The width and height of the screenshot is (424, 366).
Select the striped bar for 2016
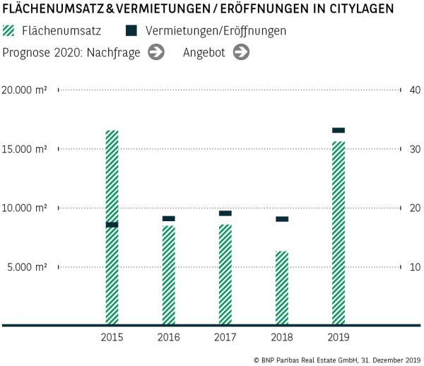(x=168, y=276)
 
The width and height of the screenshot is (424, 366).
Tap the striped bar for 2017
(x=225, y=275)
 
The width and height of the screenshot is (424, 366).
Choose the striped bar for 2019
(x=338, y=233)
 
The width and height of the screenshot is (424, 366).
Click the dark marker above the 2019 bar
(x=338, y=130)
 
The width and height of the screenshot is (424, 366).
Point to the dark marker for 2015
(x=112, y=225)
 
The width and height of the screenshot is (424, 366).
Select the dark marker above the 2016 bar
(x=168, y=218)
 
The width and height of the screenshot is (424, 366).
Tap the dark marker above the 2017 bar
(x=225, y=213)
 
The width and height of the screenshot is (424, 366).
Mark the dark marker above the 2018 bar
(x=281, y=219)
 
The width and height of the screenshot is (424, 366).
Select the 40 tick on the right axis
(x=415, y=90)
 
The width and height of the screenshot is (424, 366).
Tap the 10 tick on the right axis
(x=414, y=267)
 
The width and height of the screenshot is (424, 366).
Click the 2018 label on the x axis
(x=281, y=338)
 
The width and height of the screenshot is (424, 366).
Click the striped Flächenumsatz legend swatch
(x=9, y=31)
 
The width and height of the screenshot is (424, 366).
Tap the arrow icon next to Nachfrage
(x=156, y=52)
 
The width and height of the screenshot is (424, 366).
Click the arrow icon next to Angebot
(x=241, y=52)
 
